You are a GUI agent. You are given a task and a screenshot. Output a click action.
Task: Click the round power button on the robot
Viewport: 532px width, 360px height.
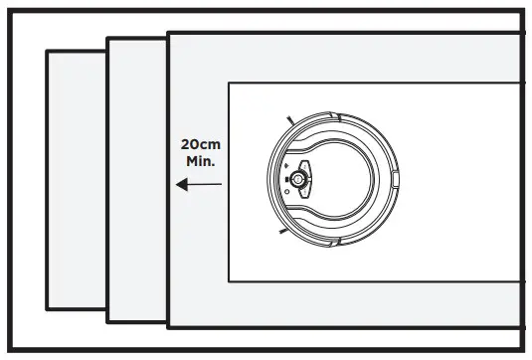pyautogui.click(x=297, y=179)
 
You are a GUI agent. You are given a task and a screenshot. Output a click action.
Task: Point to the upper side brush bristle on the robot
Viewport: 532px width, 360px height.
pyautogui.click(x=288, y=119)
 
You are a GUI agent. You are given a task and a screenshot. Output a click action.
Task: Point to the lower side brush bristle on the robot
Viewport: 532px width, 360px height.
pyautogui.click(x=283, y=234)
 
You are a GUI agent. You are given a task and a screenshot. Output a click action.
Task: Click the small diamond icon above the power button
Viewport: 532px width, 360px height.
pyautogui.click(x=287, y=166)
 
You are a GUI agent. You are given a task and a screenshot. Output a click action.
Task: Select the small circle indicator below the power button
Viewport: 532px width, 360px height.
pyautogui.click(x=287, y=192)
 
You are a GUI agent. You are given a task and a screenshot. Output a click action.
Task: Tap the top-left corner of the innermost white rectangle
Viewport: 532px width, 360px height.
pyautogui.click(x=230, y=84)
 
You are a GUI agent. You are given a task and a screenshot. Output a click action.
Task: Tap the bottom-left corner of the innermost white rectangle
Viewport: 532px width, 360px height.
pyautogui.click(x=230, y=281)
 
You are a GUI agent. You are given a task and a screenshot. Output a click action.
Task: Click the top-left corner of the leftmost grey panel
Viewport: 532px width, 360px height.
pyautogui.click(x=48, y=51)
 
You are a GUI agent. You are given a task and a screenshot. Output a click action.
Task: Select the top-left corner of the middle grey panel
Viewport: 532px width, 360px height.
pyautogui.click(x=107, y=39)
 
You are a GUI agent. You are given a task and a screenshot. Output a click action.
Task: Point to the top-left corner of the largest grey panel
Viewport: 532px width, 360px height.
pyautogui.click(x=168, y=33)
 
